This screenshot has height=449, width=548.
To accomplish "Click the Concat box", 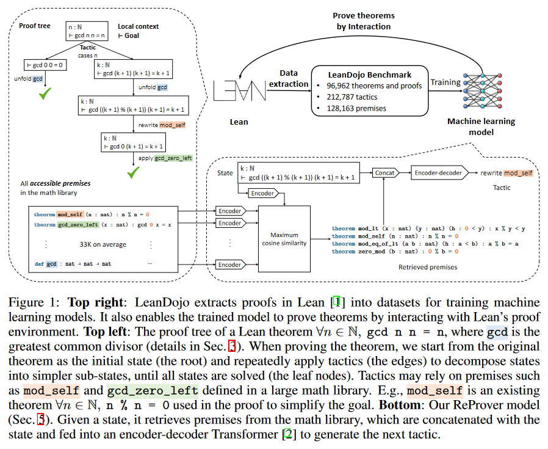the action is click(x=385, y=172).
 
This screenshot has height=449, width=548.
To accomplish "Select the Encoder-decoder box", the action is click(x=439, y=172).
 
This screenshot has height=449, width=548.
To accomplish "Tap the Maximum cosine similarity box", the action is click(x=284, y=239).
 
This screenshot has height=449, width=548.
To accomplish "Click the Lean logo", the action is click(x=240, y=90).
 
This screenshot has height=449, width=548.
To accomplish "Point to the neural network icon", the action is click(x=482, y=91).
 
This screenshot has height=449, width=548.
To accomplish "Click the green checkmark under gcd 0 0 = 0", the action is click(x=45, y=93).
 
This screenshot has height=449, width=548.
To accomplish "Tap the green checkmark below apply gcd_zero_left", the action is click(x=133, y=172).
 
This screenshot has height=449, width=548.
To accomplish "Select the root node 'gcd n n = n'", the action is click(x=87, y=31).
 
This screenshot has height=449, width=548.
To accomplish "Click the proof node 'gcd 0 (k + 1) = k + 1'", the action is click(x=133, y=142).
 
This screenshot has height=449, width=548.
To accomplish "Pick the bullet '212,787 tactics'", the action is click(x=352, y=97).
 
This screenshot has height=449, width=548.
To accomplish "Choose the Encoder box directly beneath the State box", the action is click(x=264, y=193).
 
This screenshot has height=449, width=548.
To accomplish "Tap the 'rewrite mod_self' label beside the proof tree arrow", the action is click(x=162, y=125).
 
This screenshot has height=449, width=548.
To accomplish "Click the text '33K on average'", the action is click(x=103, y=244).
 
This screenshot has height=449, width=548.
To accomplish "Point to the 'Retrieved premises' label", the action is click(x=427, y=267).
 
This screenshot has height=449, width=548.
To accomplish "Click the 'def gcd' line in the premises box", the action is click(x=73, y=264).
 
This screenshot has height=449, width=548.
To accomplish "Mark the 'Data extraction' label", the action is click(x=289, y=78).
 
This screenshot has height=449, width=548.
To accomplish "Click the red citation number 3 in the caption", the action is click(x=232, y=346).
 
